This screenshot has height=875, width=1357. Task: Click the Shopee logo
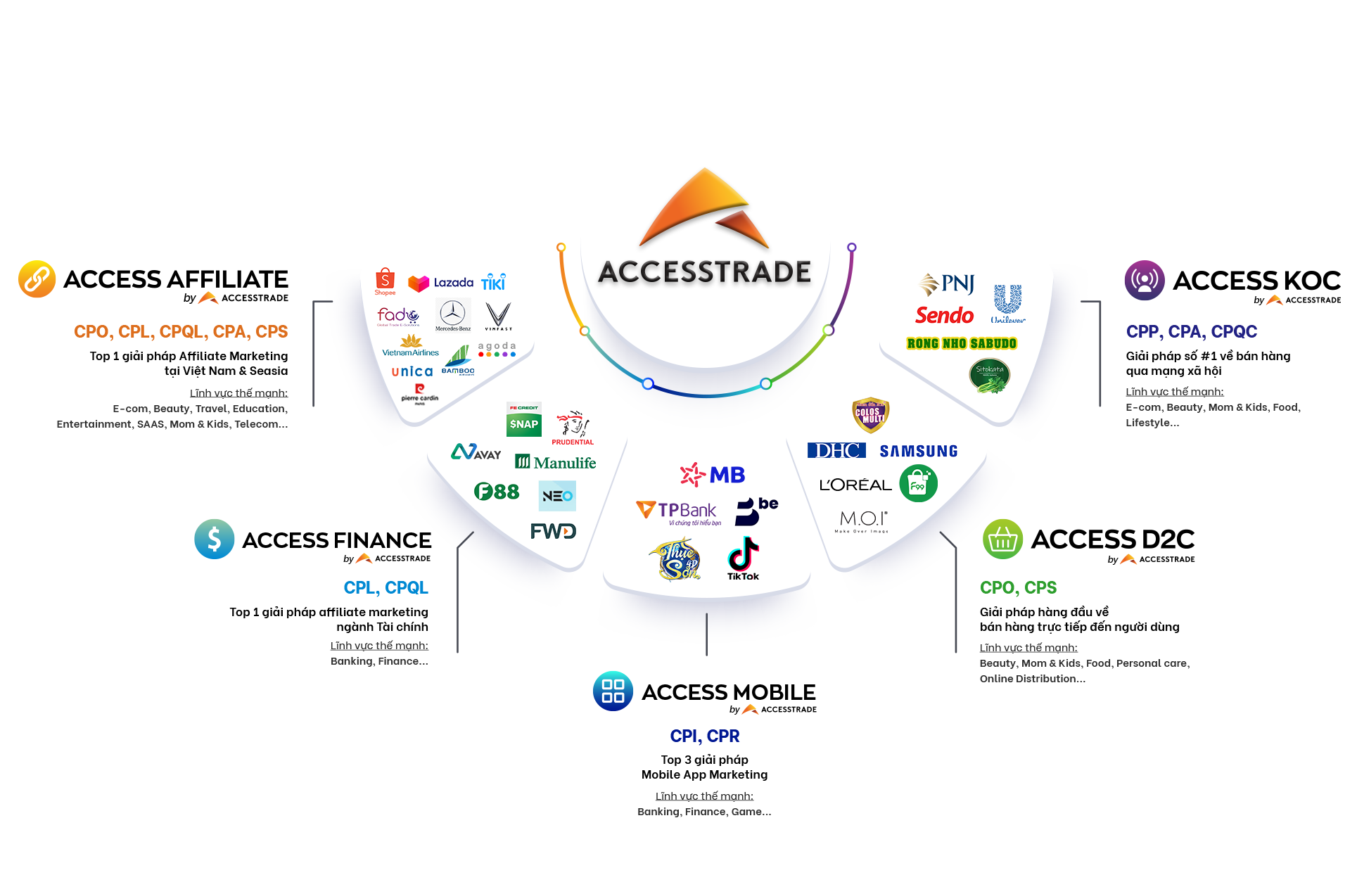tap(385, 281)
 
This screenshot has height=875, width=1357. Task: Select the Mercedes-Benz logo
tap(452, 314)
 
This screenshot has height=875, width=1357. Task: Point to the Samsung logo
tap(918, 451)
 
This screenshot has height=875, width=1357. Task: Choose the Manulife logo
tap(556, 462)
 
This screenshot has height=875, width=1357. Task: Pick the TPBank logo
tap(677, 511)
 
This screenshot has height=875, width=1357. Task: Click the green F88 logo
tap(497, 491)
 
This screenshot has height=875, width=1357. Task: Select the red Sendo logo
tap(944, 315)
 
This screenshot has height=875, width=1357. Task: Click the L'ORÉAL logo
tap(855, 485)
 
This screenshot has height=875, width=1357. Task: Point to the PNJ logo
tap(947, 284)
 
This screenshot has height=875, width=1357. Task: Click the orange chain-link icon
tap(37, 279)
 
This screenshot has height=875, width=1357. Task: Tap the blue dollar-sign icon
tap(215, 539)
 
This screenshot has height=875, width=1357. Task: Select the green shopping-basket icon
tap(1002, 539)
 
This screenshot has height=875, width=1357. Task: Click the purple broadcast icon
tap(1145, 280)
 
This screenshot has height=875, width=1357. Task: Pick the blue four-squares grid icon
tap(613, 691)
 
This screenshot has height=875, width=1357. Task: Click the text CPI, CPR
tap(705, 736)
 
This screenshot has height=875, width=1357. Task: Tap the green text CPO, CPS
tap(1018, 587)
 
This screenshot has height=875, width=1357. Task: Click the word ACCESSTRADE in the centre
tap(704, 272)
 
